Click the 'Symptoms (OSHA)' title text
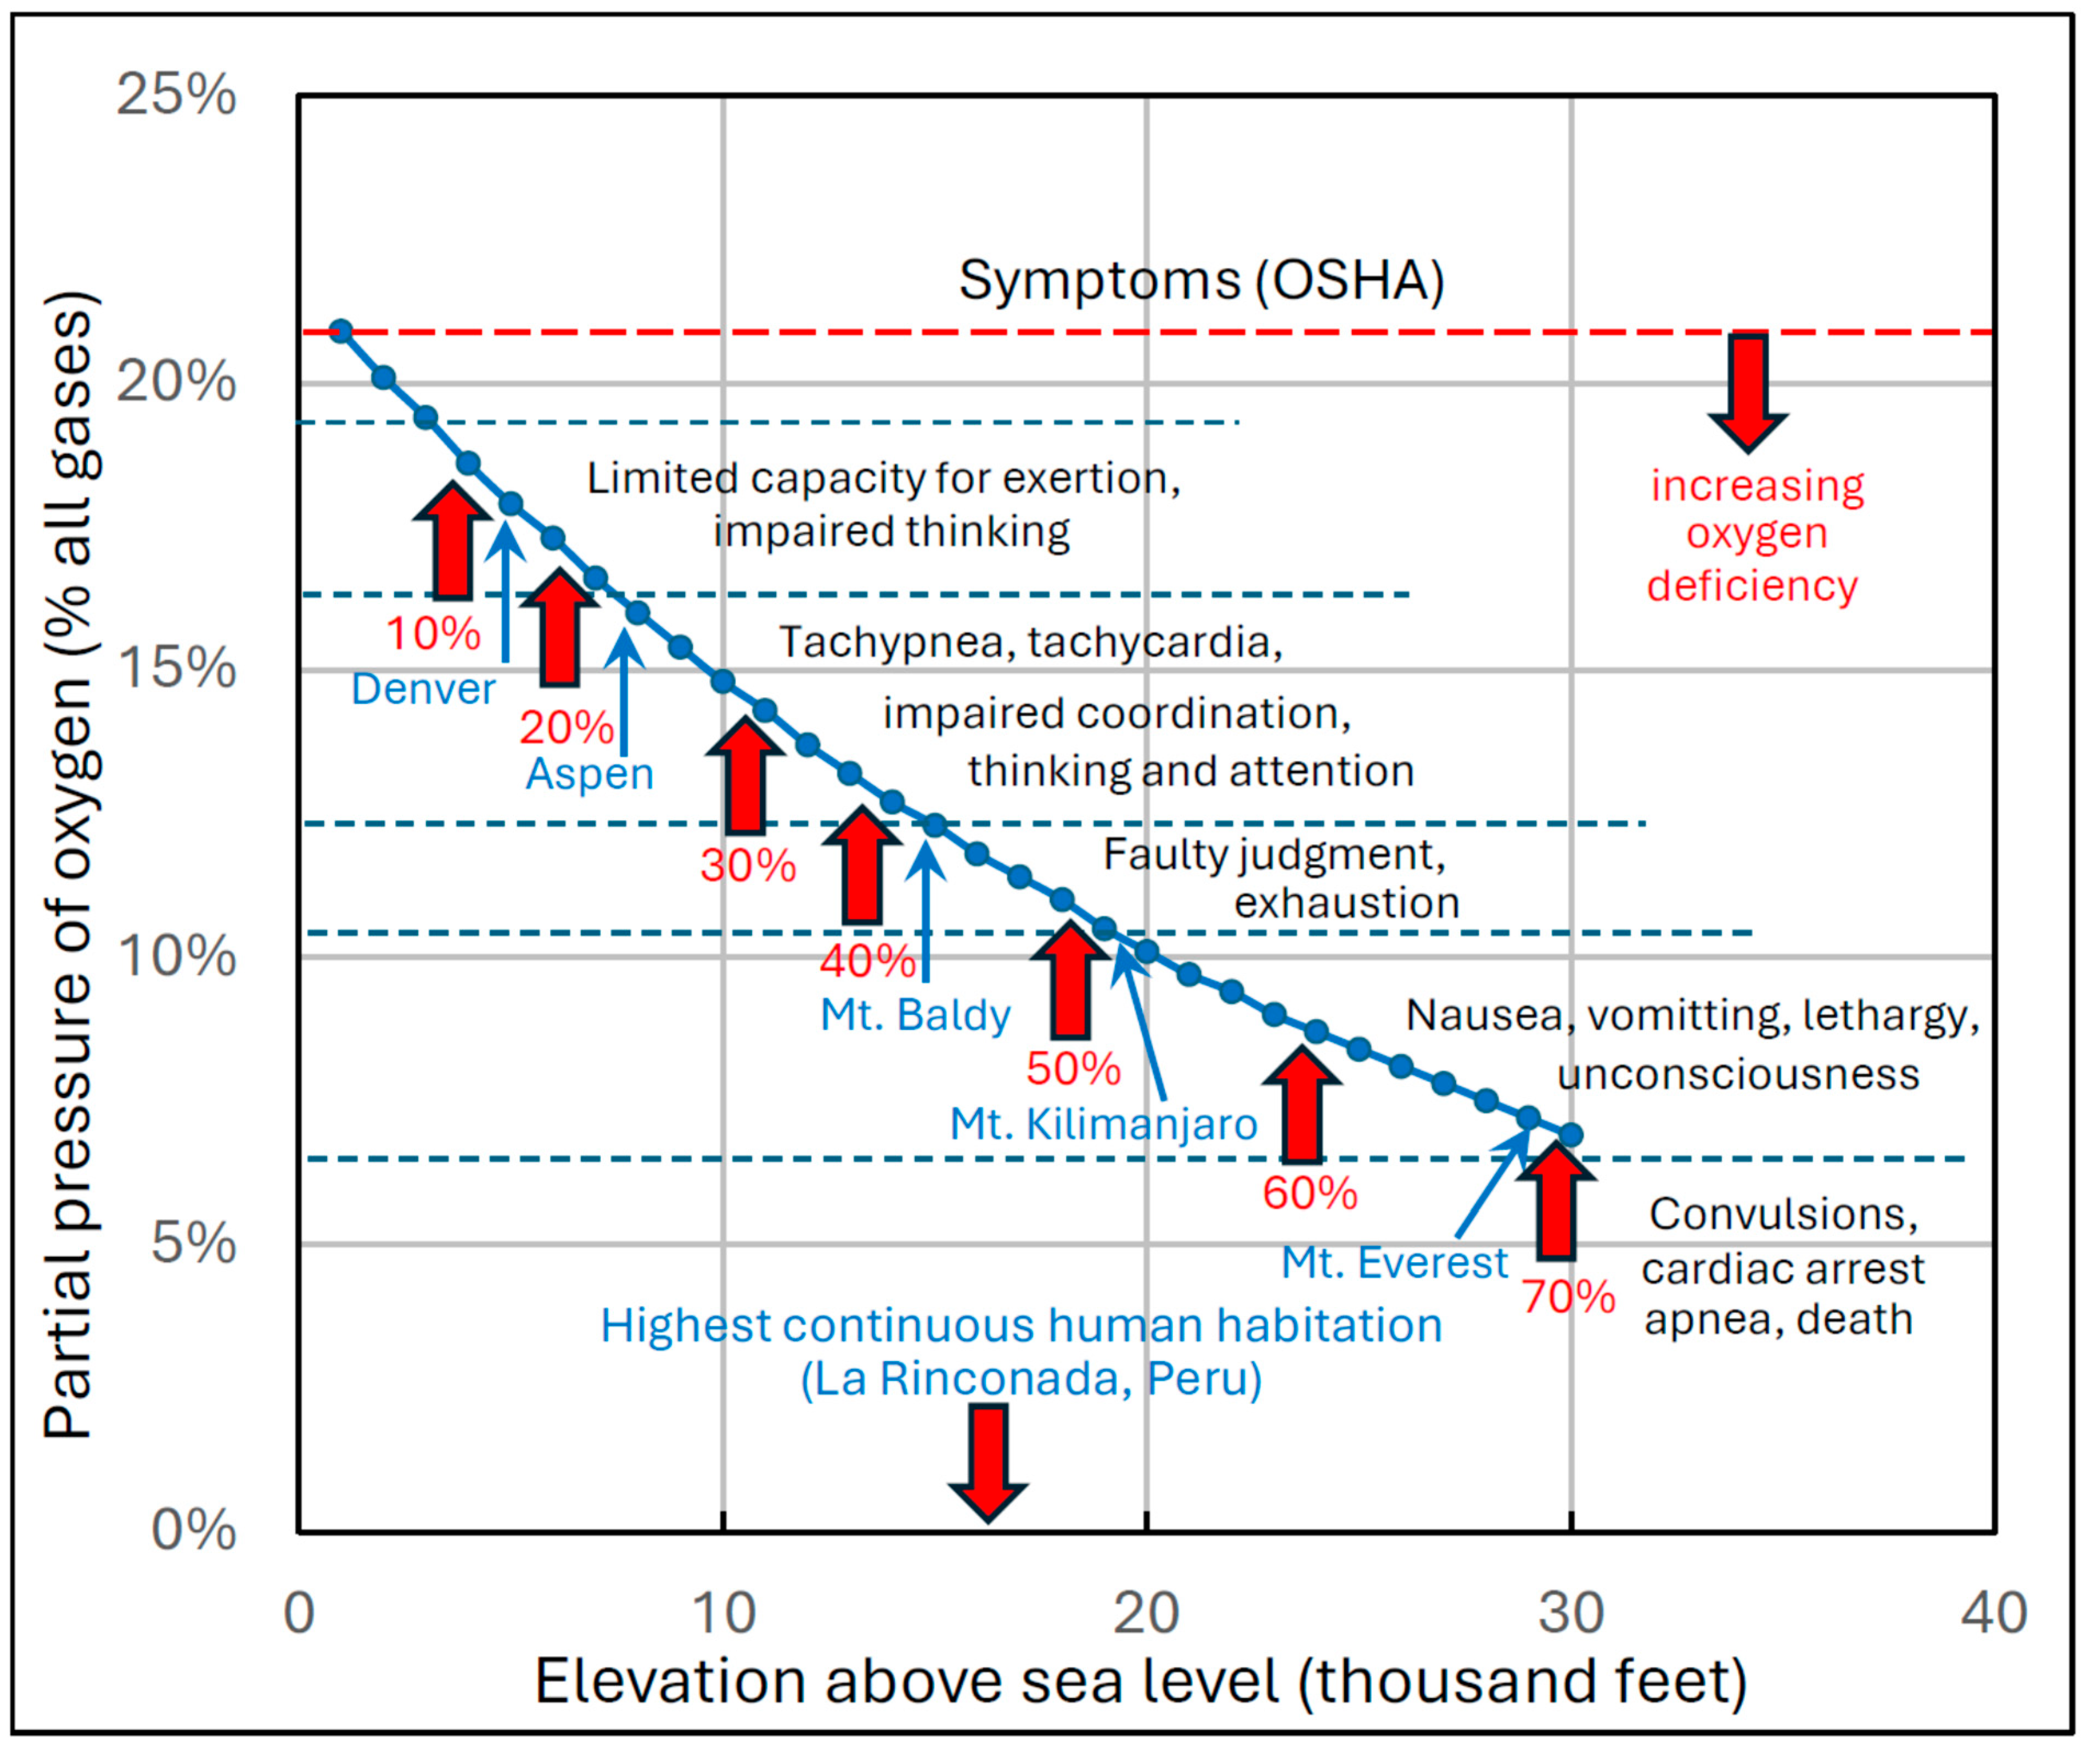point(1200,280)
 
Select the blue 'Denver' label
point(423,689)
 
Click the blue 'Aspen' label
point(590,773)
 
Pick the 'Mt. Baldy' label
point(915,1015)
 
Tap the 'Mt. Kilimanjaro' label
point(1103,1124)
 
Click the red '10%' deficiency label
point(433,633)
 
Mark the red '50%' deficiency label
point(1073,1068)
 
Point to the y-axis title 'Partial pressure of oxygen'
point(70,864)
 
